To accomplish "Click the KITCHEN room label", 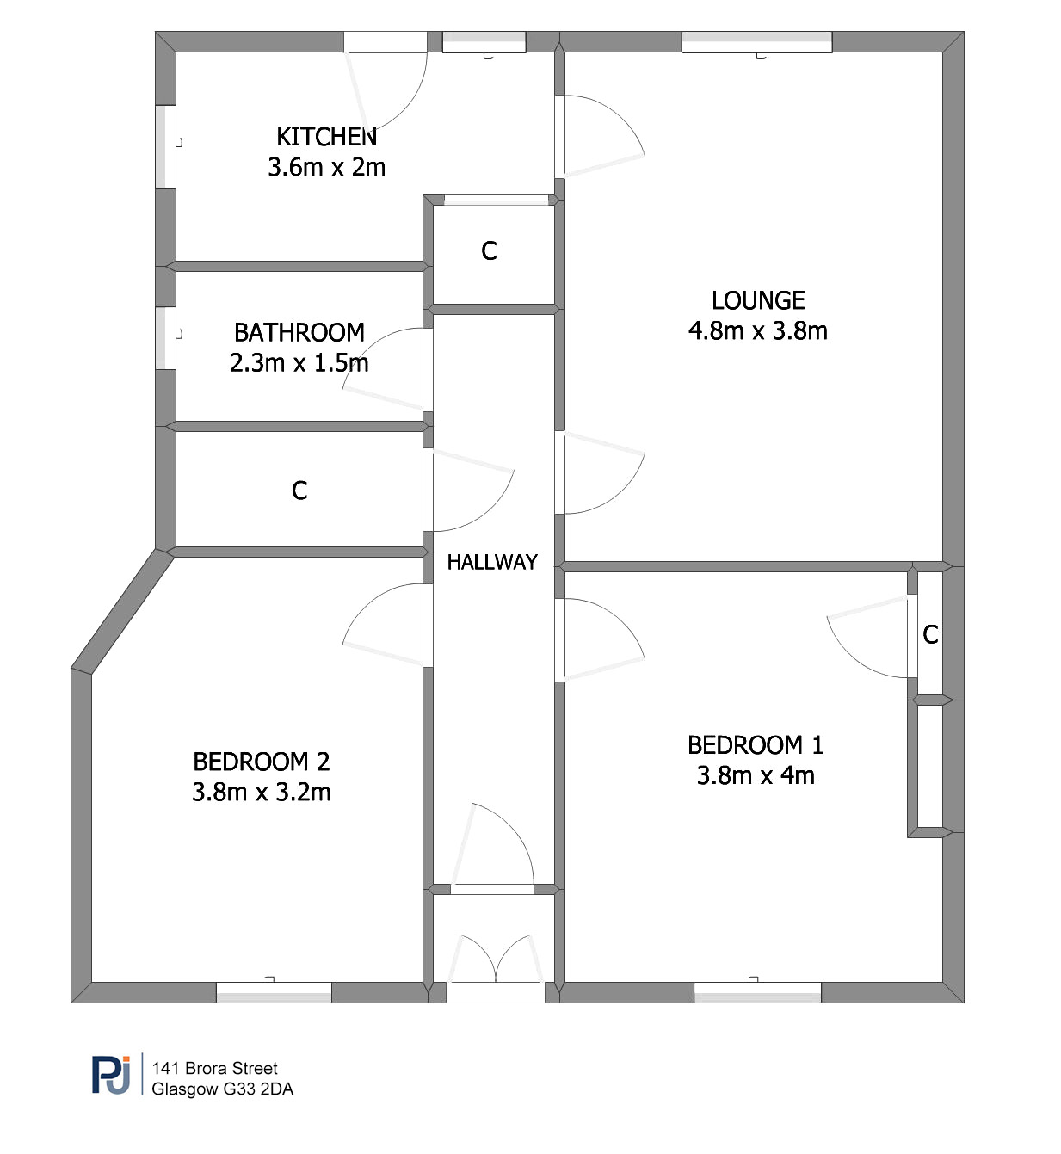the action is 326,137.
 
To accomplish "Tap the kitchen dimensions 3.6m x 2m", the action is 326,168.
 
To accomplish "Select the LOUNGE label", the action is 758,300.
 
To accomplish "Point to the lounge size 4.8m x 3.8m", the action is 758,330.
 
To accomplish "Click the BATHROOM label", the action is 299,332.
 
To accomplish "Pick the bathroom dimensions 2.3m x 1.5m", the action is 299,363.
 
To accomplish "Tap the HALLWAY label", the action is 492,562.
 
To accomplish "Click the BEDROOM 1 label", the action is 756,745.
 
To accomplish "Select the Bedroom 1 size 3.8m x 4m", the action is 756,776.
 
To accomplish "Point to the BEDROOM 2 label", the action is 262,762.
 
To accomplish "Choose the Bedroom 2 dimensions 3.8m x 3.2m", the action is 262,793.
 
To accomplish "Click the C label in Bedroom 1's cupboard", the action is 930,634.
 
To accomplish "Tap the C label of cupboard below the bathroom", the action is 299,491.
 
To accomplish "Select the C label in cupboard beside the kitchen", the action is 489,250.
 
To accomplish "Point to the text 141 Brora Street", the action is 214,1068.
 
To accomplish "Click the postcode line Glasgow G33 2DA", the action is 222,1089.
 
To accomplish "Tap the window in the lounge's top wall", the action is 756,42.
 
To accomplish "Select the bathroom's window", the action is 166,338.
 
